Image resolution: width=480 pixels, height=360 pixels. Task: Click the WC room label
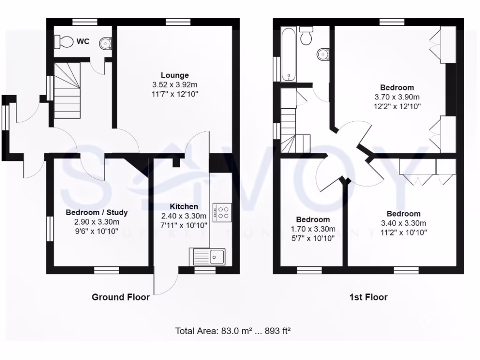[83, 42]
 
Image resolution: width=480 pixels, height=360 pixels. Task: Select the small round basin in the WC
[106, 44]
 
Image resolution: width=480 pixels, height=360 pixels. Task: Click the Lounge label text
[175, 75]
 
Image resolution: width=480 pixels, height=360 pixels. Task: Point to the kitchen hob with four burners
[223, 212]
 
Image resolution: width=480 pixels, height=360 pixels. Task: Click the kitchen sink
[208, 256]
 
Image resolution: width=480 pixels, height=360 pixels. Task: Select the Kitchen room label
[184, 207]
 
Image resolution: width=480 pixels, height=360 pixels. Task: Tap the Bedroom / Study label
[97, 212]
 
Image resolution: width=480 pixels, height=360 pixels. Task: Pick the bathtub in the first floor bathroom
[288, 54]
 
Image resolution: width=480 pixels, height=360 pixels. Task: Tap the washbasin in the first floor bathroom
[323, 54]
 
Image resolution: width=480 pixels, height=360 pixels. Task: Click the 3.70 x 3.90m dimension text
[397, 97]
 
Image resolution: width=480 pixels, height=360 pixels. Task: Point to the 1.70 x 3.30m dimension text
[313, 229]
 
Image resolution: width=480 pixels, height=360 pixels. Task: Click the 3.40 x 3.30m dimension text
[404, 223]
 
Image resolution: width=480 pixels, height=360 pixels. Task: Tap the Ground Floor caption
[120, 297]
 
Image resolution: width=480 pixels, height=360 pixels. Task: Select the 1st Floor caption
[368, 297]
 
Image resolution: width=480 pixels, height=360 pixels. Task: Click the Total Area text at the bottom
[233, 331]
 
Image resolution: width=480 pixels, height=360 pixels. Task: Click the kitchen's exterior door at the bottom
[165, 281]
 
